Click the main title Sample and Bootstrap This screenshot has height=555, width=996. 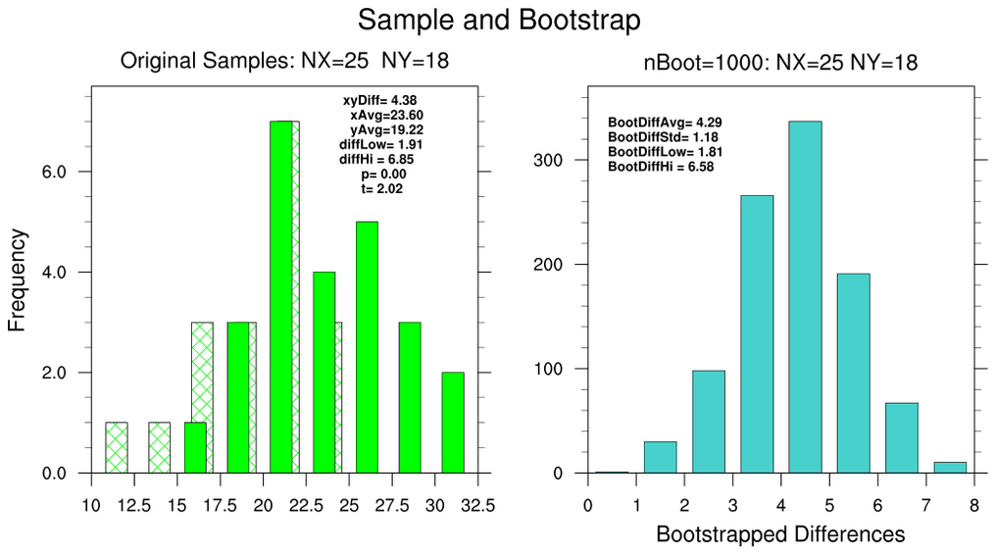(499, 20)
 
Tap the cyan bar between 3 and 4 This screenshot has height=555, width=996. (757, 334)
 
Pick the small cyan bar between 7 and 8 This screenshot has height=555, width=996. (950, 468)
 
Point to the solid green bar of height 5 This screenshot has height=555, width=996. (367, 347)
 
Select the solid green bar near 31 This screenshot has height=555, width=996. (453, 423)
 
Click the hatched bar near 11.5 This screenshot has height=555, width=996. (117, 448)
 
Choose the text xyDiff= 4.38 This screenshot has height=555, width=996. (380, 100)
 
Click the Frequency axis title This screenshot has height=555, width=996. (18, 280)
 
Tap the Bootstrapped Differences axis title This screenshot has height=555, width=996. (779, 534)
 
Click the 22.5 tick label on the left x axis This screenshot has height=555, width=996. (305, 506)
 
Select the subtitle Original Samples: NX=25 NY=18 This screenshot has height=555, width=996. (284, 61)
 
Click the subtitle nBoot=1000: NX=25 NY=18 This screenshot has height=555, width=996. (779, 64)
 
